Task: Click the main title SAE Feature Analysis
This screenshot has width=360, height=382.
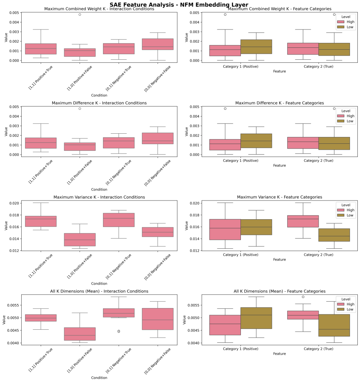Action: [179, 4]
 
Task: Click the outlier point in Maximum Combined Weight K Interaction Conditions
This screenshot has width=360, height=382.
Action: [80, 15]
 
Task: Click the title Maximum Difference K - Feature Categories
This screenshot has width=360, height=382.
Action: [279, 103]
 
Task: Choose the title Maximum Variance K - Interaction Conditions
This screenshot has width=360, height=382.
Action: [99, 197]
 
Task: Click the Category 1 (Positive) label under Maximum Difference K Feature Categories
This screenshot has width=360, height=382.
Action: [241, 161]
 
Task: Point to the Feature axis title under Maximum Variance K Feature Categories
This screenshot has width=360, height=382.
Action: [279, 259]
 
